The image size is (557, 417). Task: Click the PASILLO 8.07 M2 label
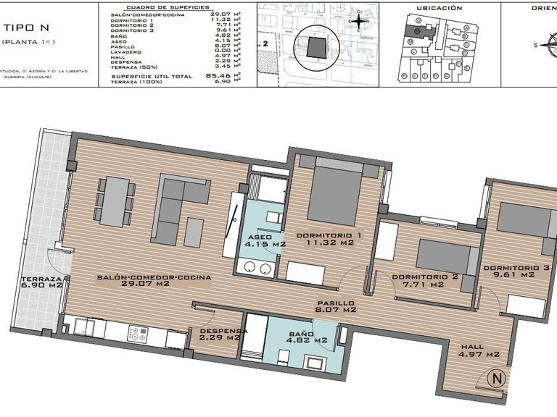[x=334, y=307]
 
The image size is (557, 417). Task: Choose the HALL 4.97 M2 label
[x=479, y=350]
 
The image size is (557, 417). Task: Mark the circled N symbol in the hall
[x=497, y=377]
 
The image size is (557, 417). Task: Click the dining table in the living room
[x=115, y=201]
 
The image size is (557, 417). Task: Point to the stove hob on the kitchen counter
[x=137, y=334]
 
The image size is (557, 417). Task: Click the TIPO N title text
[x=26, y=28]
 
